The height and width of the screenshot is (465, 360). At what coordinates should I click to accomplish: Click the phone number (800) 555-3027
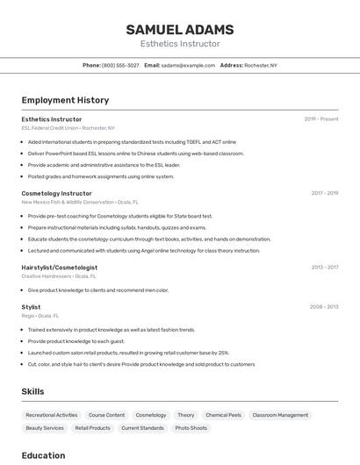(120, 65)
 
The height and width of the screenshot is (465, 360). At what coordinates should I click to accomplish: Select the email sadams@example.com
(188, 65)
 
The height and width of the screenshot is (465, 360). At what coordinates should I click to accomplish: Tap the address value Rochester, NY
(260, 65)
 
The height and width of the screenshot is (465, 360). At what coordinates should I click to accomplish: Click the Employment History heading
(65, 100)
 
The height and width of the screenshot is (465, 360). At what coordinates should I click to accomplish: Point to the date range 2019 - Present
(321, 119)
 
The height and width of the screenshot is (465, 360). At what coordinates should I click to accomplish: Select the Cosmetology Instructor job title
(56, 193)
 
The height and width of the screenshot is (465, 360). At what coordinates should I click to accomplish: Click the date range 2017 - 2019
(325, 193)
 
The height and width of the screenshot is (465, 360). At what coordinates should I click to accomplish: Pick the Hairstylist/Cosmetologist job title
(60, 268)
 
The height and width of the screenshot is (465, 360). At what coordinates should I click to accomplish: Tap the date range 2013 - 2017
(325, 268)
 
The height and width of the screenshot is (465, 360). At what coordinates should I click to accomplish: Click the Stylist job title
(31, 307)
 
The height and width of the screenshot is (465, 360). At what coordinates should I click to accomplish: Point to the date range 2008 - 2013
(324, 307)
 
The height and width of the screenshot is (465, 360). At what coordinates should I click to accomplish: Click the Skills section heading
(33, 390)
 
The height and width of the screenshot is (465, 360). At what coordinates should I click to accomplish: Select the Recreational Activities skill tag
(52, 415)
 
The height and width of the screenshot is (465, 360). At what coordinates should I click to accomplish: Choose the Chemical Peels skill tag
(223, 415)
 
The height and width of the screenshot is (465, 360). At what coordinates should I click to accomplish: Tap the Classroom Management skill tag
(280, 415)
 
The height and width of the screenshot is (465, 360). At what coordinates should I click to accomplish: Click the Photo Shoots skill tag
(191, 428)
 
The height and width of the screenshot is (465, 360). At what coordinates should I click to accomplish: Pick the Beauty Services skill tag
(45, 428)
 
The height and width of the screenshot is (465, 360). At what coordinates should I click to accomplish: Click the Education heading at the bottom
(43, 455)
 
